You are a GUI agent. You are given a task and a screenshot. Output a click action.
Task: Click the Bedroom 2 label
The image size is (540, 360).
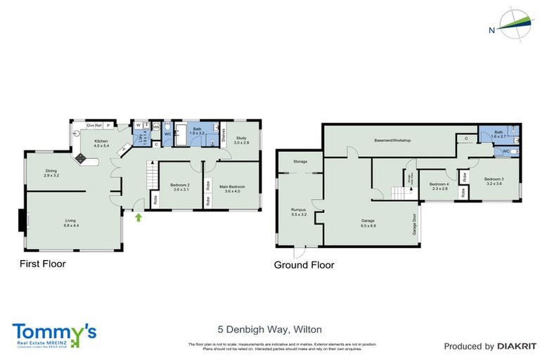click(x=180, y=187)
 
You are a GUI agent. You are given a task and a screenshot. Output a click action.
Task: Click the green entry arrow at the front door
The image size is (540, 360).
click(x=139, y=218)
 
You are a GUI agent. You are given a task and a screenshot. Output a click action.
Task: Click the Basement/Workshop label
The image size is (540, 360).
click(x=392, y=141)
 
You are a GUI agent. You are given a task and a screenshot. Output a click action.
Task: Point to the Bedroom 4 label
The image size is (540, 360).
click(x=439, y=186)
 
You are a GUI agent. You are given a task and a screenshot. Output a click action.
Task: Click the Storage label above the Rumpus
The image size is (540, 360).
click(x=301, y=162)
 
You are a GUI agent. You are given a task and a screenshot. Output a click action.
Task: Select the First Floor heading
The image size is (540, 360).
click(x=42, y=264)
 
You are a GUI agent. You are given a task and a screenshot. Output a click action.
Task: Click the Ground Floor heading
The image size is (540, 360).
click(x=304, y=265)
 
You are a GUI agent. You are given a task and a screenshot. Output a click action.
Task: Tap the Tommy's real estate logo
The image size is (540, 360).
click(x=54, y=334)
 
